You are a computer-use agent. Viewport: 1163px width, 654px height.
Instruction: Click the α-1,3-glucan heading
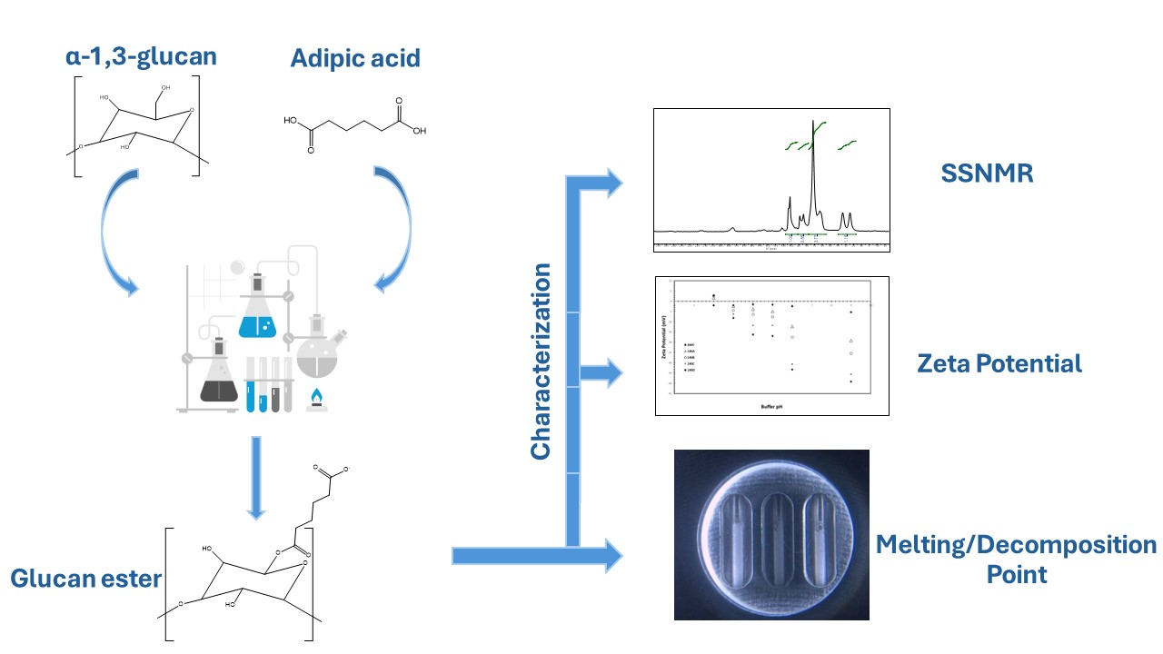click(140, 57)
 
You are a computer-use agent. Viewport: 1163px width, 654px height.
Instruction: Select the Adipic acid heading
click(355, 59)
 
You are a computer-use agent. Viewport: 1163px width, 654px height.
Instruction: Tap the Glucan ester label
click(85, 578)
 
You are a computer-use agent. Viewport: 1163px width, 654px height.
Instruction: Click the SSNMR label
click(988, 173)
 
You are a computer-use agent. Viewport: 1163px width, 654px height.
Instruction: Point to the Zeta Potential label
click(999, 364)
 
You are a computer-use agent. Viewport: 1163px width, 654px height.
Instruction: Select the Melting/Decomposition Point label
click(1016, 559)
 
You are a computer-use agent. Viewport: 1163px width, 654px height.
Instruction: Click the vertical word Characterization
click(542, 362)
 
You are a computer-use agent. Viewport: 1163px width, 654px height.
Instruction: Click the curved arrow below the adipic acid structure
click(392, 232)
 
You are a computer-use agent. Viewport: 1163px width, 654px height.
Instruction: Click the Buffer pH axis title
click(771, 407)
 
